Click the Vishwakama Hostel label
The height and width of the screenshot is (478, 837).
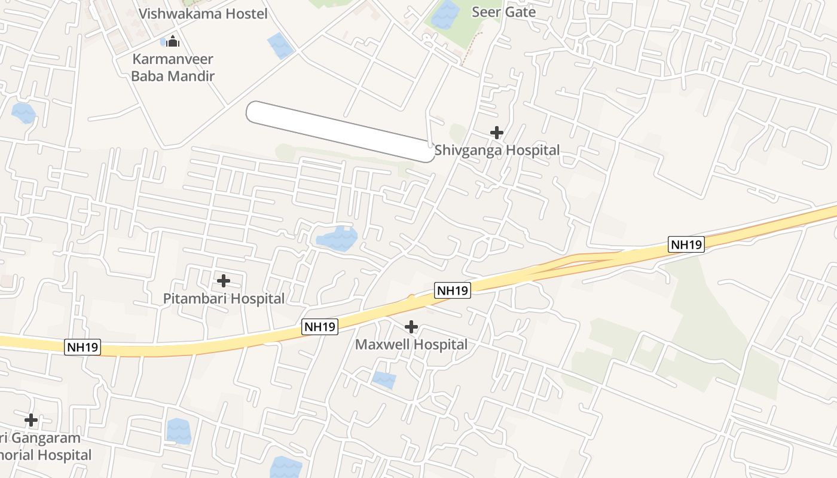[x=203, y=13]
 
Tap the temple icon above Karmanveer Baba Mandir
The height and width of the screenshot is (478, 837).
[x=173, y=41]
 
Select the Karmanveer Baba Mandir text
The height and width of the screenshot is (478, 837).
[x=173, y=68]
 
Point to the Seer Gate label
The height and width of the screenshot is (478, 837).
[x=503, y=12]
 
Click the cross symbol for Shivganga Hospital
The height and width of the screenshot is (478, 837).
[x=496, y=133]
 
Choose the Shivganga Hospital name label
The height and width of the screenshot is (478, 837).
[x=497, y=150]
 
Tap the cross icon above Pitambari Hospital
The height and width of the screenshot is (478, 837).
[x=223, y=281]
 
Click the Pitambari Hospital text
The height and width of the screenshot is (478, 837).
[x=224, y=298]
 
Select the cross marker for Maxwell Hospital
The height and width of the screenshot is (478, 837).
[x=411, y=327]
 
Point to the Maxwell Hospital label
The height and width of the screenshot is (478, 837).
[x=411, y=344]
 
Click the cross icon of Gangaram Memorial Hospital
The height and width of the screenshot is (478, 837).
[x=31, y=420]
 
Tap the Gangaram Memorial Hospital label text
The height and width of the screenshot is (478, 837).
[x=42, y=446]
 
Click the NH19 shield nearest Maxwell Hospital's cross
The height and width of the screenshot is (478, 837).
[x=453, y=290]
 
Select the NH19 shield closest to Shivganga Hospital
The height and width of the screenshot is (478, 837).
[x=686, y=244]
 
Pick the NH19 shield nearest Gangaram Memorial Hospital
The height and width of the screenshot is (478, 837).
[x=83, y=347]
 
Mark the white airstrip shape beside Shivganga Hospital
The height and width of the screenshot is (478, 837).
[x=341, y=131]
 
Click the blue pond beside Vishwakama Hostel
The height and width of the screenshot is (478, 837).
[x=280, y=45]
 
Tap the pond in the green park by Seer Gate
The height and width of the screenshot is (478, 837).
[x=445, y=14]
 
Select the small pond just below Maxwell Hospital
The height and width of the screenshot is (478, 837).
[x=384, y=379]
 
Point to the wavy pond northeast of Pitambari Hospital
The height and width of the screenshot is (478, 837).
[x=337, y=238]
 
